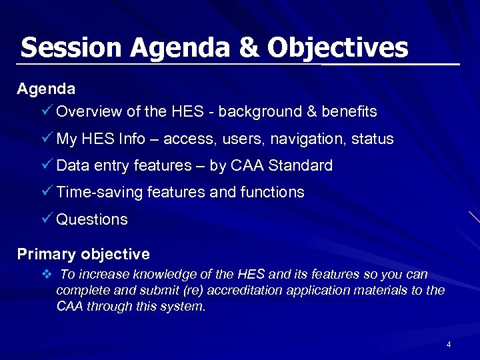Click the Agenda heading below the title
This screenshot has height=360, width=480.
point(45,88)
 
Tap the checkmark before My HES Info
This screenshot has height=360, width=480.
point(47,139)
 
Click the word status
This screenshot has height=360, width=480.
point(374,139)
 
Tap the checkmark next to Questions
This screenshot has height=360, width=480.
point(47,219)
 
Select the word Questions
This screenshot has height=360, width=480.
point(92,219)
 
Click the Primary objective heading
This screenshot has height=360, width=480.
point(83,254)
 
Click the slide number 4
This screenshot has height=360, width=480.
point(449,345)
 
